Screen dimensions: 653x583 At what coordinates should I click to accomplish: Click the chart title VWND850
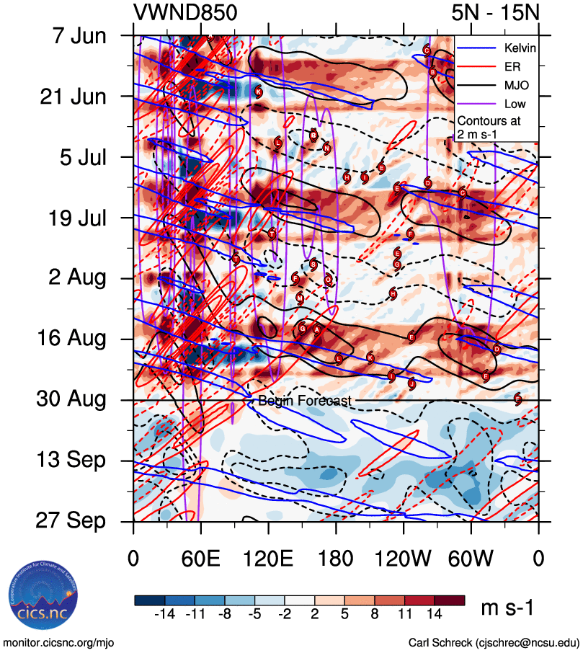click(185, 13)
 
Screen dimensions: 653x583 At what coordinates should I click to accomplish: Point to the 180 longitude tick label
click(336, 559)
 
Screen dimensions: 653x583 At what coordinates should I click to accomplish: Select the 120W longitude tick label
click(403, 559)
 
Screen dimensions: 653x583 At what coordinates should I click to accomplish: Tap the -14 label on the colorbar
click(166, 613)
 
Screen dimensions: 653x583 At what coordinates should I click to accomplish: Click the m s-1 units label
click(507, 608)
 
